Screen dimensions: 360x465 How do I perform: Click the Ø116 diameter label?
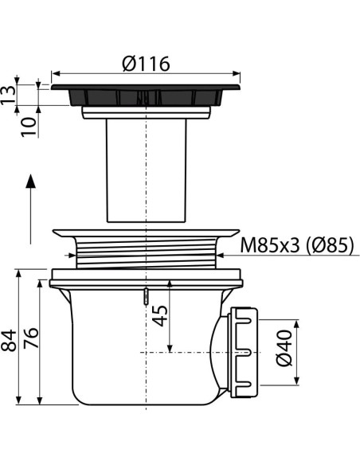[x=146, y=64]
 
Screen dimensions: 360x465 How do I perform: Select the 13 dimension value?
[x=8, y=95]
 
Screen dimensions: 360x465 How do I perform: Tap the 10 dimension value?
[x=29, y=127]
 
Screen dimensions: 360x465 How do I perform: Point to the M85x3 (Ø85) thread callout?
[x=297, y=245]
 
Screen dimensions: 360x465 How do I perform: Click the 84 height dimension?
[x=9, y=340]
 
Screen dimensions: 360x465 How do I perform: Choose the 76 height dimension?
[x=31, y=338]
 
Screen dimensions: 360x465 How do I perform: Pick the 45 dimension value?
[x=160, y=316]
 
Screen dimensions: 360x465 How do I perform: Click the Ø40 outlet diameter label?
[x=284, y=348]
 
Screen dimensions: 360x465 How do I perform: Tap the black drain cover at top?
[x=146, y=95]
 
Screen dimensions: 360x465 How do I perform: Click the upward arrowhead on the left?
[x=30, y=182]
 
